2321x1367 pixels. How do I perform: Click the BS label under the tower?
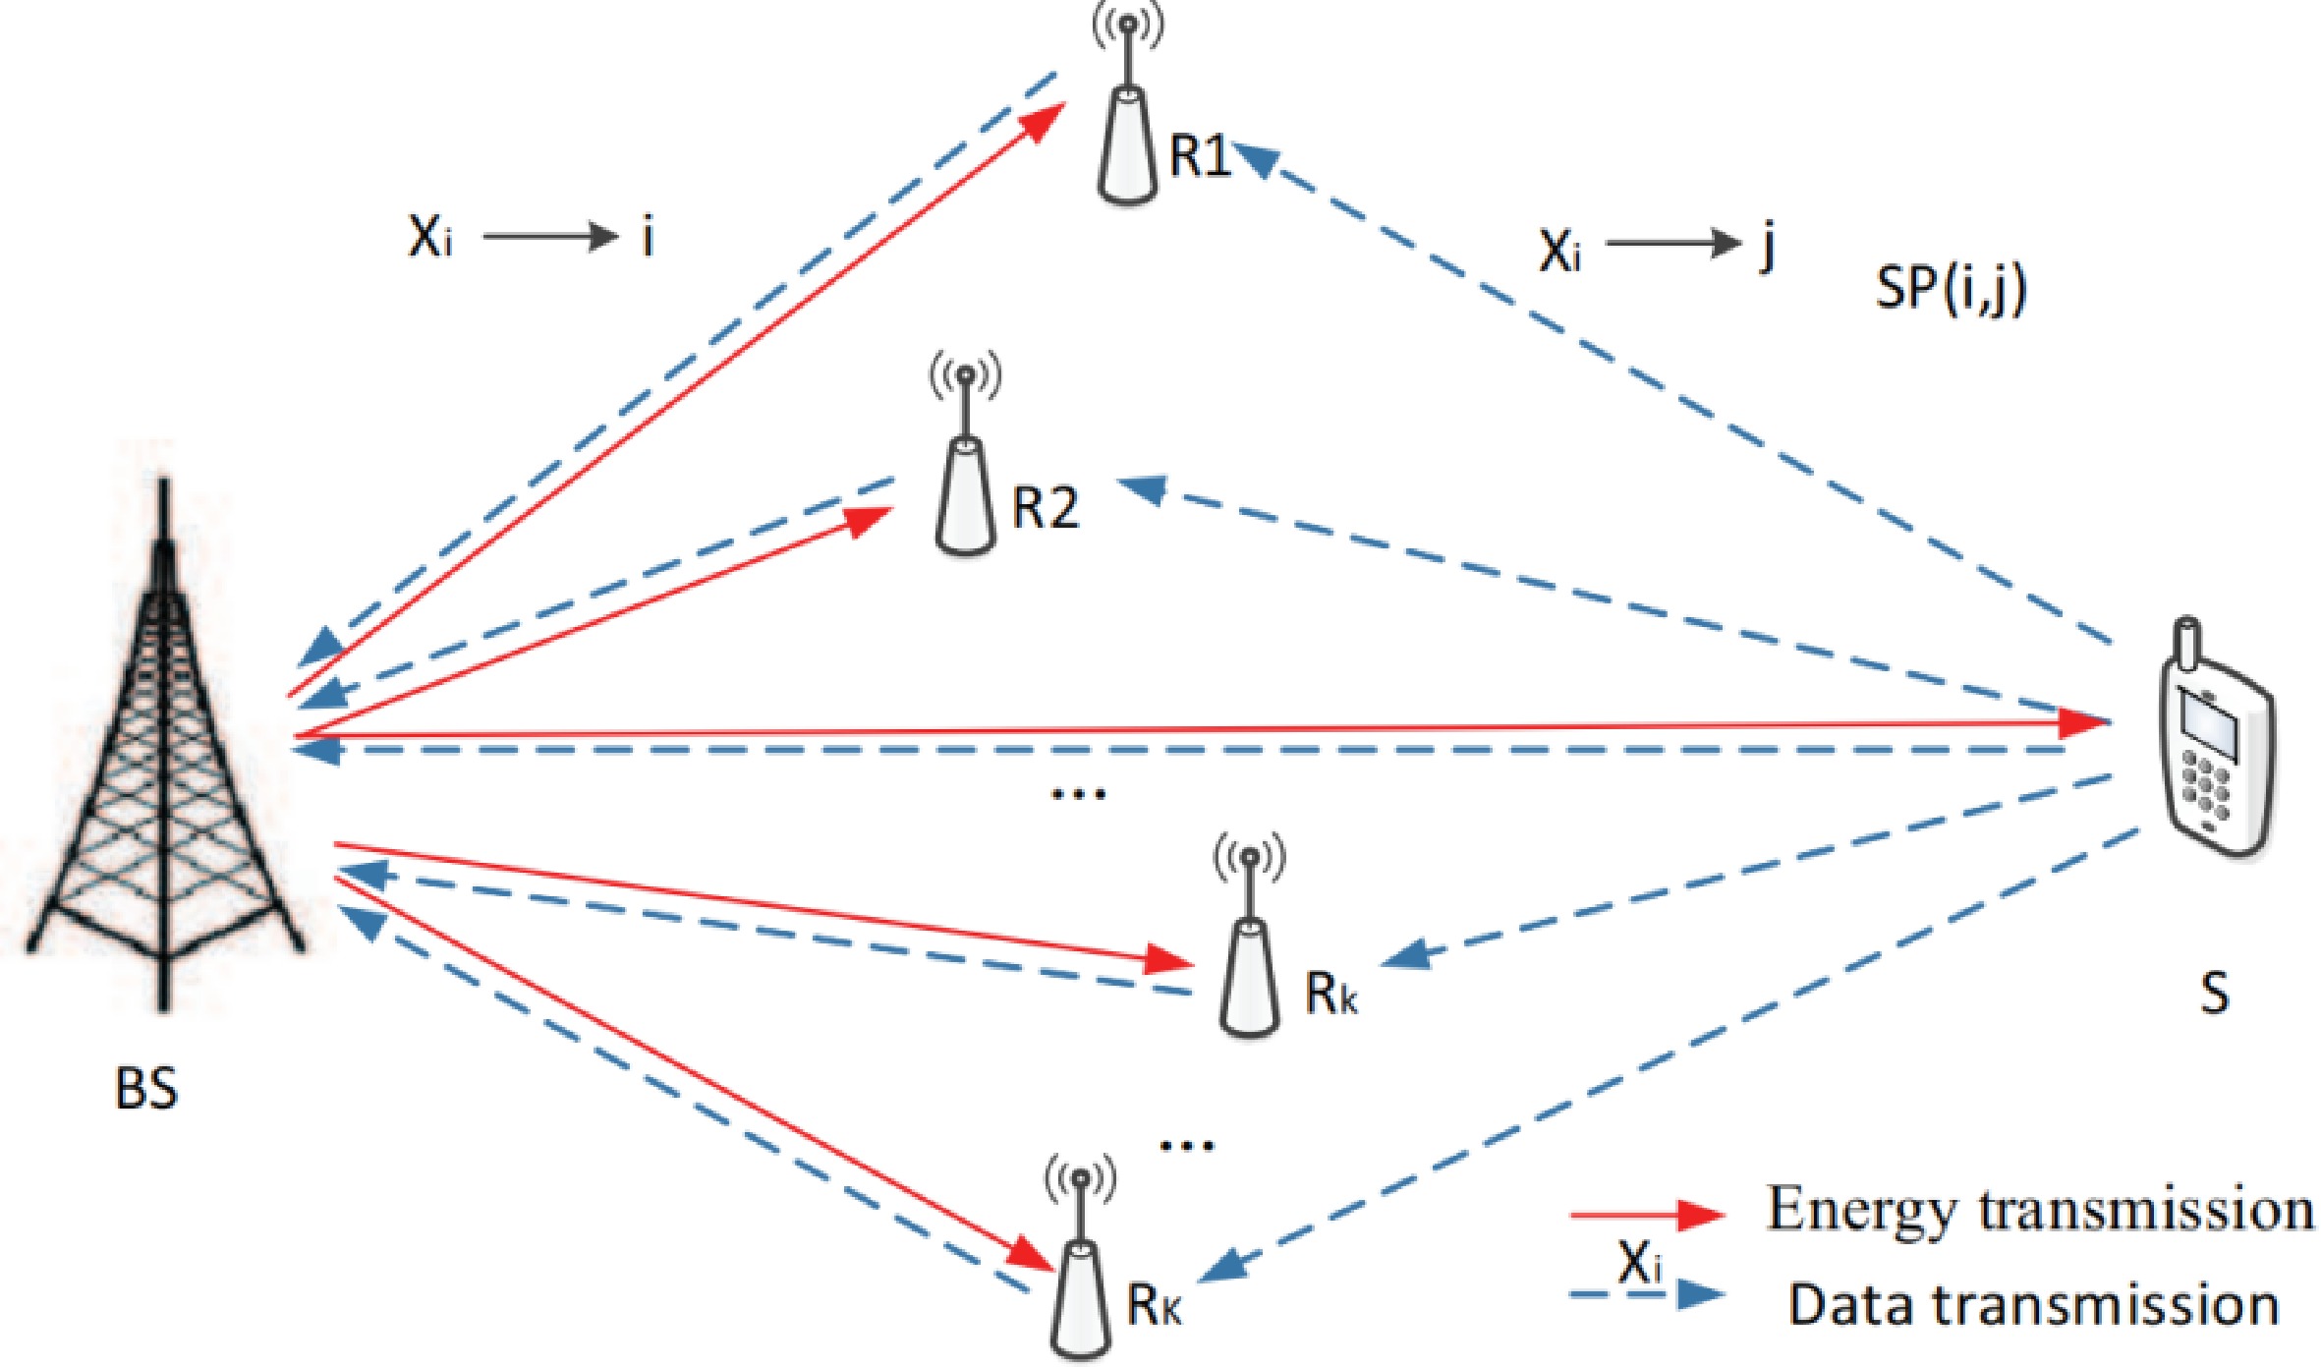[146, 1089]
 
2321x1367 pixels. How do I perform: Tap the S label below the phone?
[2213, 994]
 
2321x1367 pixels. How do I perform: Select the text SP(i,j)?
[1951, 289]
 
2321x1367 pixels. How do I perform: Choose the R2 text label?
[1046, 508]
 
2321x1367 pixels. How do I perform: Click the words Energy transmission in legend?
[2040, 1209]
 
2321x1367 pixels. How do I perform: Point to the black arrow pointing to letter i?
[549, 237]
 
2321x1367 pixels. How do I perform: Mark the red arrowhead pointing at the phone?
[2083, 724]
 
